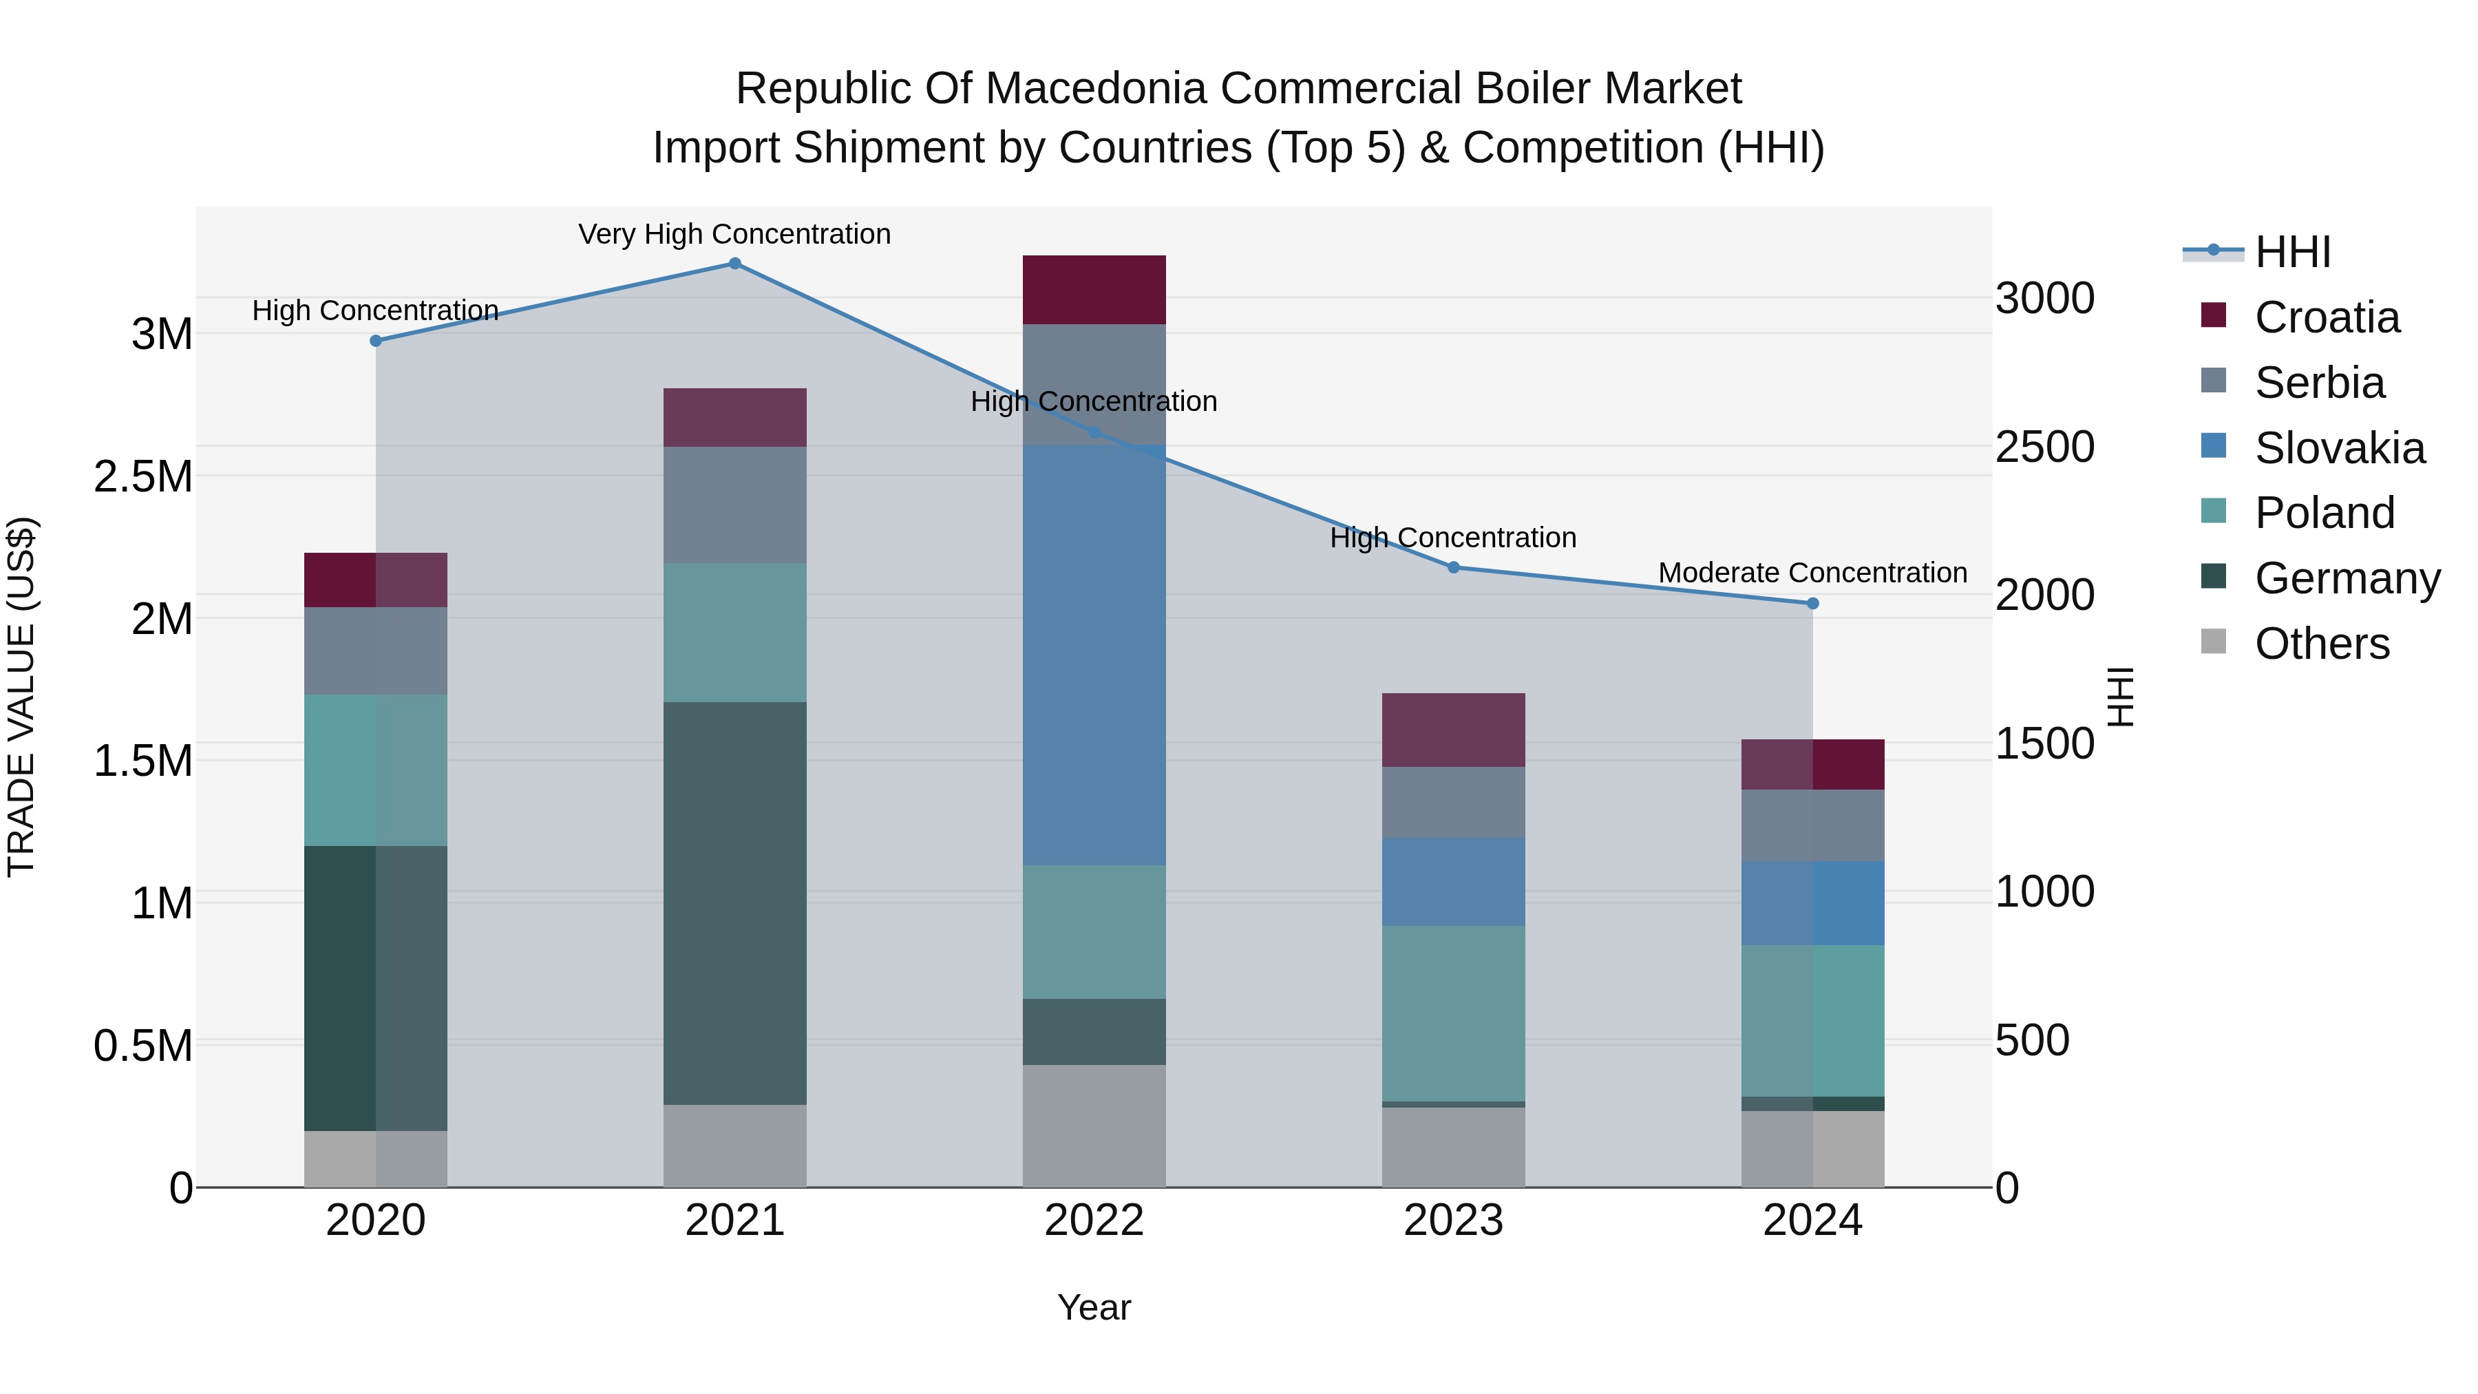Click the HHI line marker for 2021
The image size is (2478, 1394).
coord(735,264)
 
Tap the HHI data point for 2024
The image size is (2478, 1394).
coord(1812,603)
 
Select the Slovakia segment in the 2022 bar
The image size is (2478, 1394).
coord(1094,654)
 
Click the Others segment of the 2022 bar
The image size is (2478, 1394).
coord(1094,1126)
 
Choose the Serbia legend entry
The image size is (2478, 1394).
coord(2318,383)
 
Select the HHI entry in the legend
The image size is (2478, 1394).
coord(2291,252)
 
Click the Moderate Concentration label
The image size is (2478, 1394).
coord(1812,573)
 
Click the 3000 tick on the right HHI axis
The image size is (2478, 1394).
coord(2044,298)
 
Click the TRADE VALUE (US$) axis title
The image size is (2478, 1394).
coord(21,697)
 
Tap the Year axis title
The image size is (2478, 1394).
coord(1094,1307)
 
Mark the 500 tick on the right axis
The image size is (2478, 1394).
coord(2032,1040)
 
